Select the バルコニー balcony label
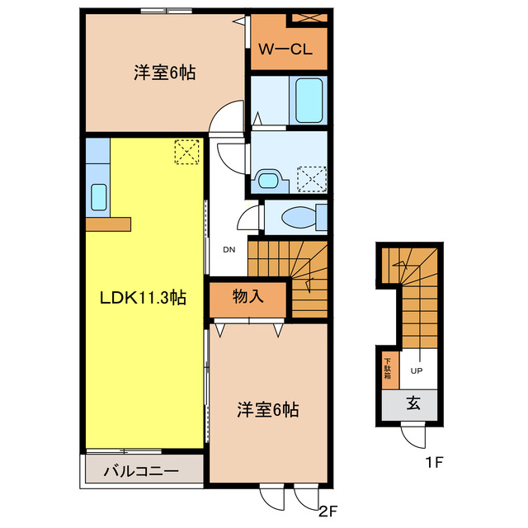coord(141,472)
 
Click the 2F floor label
coord(328,509)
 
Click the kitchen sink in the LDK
coord(98,196)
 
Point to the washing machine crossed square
coord(313,177)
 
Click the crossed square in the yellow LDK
coord(187,151)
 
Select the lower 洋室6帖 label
coord(267,408)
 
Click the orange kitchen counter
coord(107,224)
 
